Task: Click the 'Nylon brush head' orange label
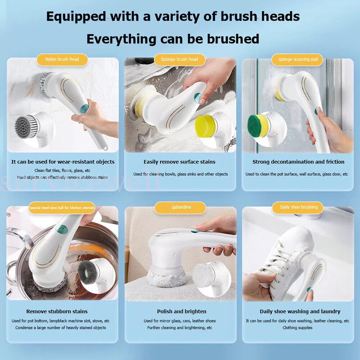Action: (x=62, y=59)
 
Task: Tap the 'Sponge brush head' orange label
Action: (x=179, y=59)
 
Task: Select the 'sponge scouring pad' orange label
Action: (x=298, y=59)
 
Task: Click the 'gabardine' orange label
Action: (x=180, y=208)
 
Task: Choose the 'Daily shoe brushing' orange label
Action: (x=299, y=207)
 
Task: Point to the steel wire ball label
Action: (x=62, y=208)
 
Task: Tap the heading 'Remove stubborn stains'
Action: (x=57, y=311)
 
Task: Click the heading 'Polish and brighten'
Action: (x=181, y=311)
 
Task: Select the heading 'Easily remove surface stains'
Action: (x=179, y=162)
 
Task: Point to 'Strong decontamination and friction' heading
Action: (x=298, y=162)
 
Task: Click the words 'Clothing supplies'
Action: (x=297, y=328)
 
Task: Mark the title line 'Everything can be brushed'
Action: (x=173, y=39)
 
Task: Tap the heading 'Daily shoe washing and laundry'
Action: (x=300, y=311)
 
